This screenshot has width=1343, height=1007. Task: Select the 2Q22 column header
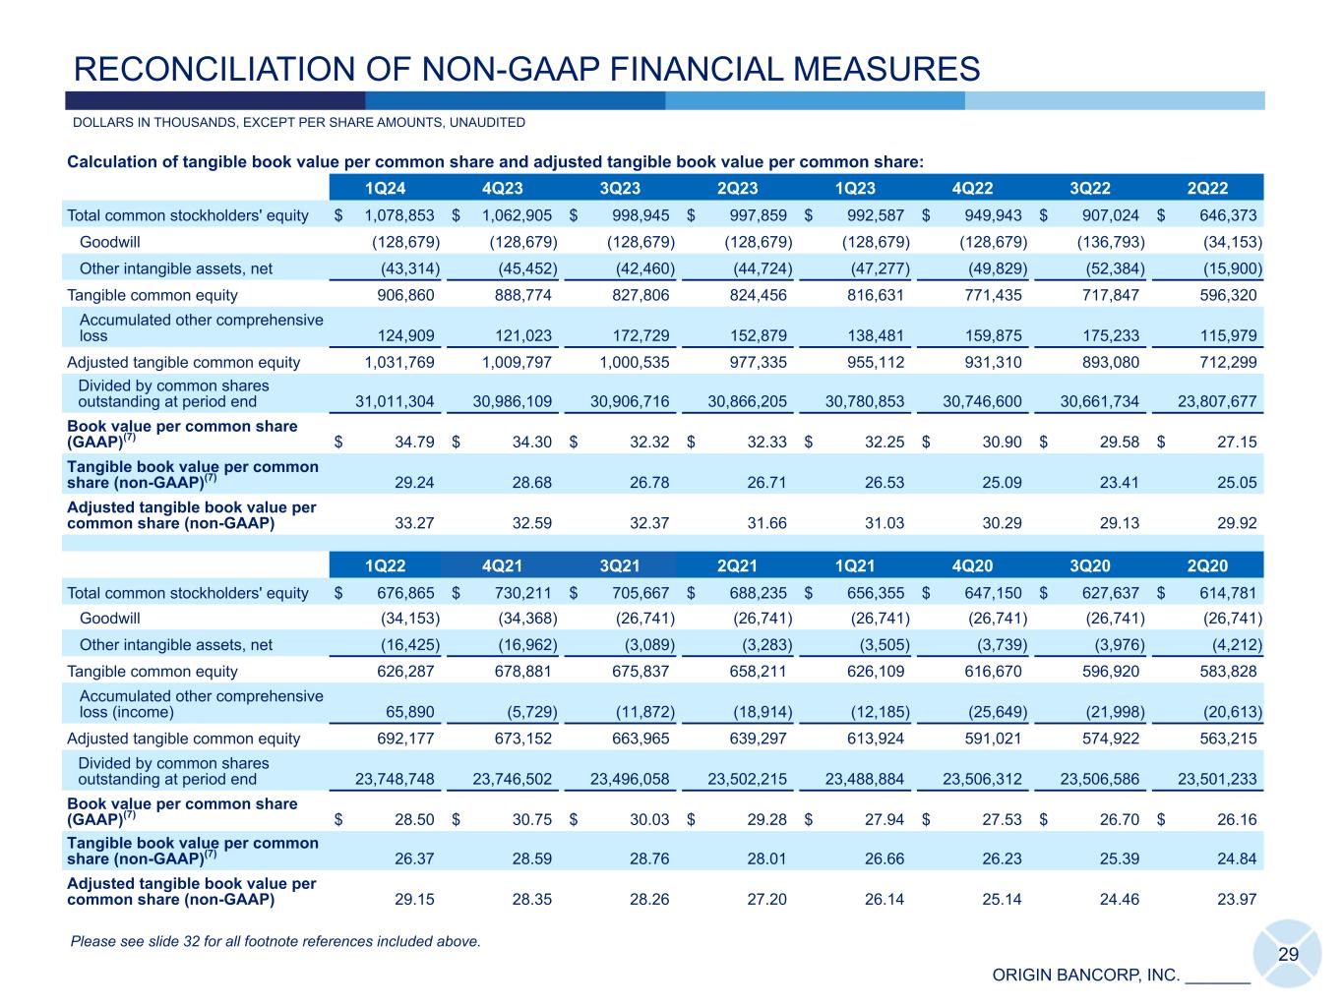(1208, 189)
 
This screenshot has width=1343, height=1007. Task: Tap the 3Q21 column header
(620, 566)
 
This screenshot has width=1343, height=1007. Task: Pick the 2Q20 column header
(1208, 566)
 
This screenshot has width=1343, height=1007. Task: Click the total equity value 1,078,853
(399, 215)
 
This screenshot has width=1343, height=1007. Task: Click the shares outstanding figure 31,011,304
(395, 401)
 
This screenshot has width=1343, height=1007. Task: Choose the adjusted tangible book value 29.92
(1237, 523)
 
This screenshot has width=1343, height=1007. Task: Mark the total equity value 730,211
(519, 593)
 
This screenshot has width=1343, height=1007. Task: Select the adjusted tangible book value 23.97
(1237, 899)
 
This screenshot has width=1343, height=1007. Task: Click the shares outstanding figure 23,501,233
(1217, 779)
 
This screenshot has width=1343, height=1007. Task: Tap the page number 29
(1288, 955)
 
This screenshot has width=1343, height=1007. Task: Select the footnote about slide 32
(275, 942)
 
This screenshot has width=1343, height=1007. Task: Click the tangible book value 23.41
(1120, 482)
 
